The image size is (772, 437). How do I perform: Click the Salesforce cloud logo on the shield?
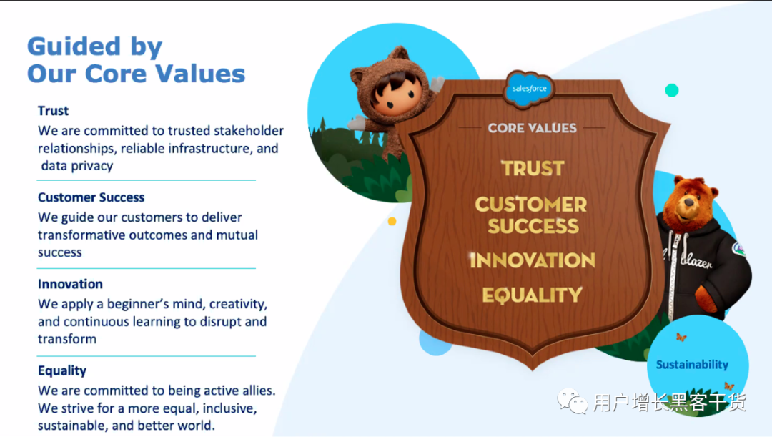click(529, 89)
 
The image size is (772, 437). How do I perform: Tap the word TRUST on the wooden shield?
click(533, 169)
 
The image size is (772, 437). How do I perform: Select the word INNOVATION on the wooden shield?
click(533, 260)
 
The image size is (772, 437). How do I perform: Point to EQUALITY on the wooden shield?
click(533, 295)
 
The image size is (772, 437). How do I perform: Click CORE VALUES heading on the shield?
click(533, 128)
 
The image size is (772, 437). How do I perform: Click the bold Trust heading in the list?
click(53, 111)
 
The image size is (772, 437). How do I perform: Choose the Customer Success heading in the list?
click(91, 197)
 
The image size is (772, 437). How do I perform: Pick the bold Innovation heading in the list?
click(70, 284)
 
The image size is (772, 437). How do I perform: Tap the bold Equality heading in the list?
click(62, 371)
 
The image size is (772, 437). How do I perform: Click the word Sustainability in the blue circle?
click(692, 365)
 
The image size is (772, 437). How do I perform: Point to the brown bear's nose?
click(689, 202)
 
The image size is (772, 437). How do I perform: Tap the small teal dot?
click(671, 90)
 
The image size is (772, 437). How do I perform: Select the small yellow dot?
click(392, 221)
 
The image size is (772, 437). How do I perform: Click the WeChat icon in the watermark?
click(572, 401)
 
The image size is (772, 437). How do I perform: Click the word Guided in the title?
click(74, 46)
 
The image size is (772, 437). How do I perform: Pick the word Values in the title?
click(200, 74)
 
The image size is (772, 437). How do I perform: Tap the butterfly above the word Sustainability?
click(681, 337)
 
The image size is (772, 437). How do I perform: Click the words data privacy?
click(77, 166)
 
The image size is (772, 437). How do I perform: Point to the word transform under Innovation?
click(67, 339)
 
